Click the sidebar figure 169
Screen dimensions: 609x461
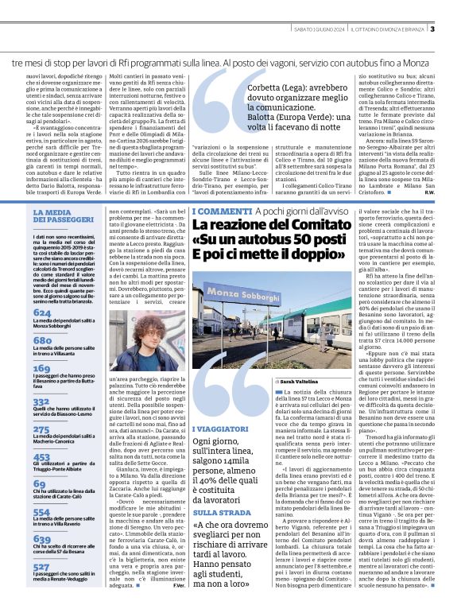click(43, 369)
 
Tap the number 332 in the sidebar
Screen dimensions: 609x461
click(43, 402)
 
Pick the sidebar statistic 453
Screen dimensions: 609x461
click(43, 457)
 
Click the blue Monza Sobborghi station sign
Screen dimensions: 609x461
click(238, 293)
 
